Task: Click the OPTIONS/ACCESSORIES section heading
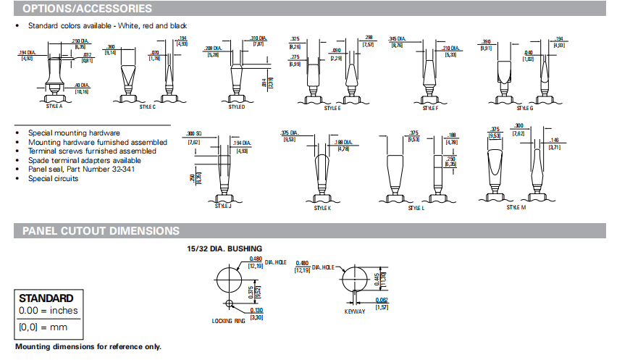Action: click(x=87, y=9)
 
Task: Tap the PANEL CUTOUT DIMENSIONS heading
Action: click(x=101, y=231)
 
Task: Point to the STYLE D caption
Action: click(x=236, y=106)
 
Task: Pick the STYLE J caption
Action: click(x=222, y=206)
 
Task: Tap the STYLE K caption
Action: click(x=322, y=208)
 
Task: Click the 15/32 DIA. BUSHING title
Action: click(x=224, y=248)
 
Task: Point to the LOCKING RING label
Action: click(x=228, y=321)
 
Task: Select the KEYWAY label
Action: click(x=354, y=312)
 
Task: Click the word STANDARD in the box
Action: click(x=46, y=298)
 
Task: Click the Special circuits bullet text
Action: click(x=53, y=178)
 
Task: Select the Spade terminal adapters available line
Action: click(x=84, y=160)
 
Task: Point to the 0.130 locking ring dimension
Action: click(x=256, y=311)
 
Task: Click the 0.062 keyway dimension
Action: click(x=382, y=300)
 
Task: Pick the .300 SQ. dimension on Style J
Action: click(x=193, y=135)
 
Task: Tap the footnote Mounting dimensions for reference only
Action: click(x=88, y=347)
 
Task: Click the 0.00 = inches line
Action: click(x=48, y=311)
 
